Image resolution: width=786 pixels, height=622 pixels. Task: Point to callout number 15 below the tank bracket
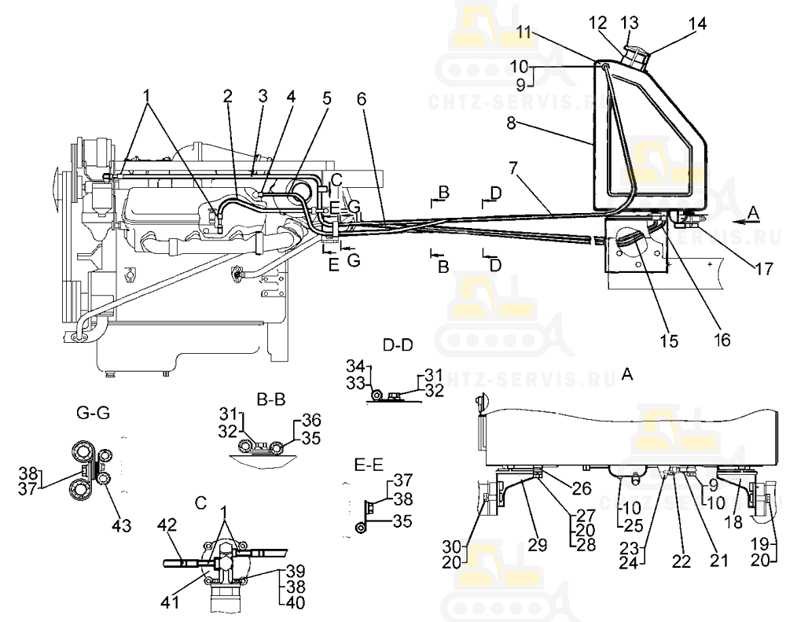pyautogui.click(x=670, y=341)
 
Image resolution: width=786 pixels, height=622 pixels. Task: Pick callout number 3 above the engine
pyautogui.click(x=262, y=96)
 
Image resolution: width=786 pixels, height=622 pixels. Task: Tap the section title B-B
pyautogui.click(x=271, y=399)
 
